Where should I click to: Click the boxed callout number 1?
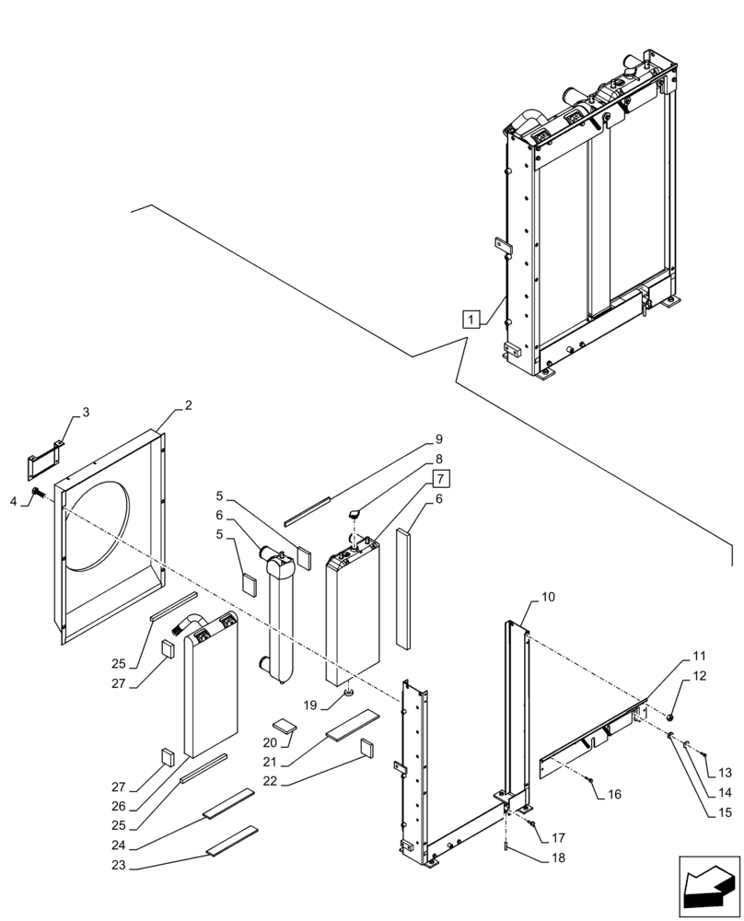471,320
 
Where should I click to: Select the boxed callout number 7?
440,479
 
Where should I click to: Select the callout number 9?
439,439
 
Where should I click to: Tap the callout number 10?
547,597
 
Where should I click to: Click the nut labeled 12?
671,716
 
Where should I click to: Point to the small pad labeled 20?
286,724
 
